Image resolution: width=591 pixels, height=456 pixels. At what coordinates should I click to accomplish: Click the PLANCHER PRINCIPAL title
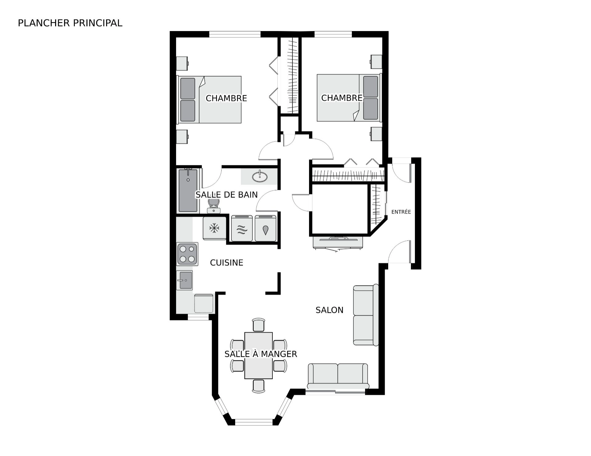coord(70,23)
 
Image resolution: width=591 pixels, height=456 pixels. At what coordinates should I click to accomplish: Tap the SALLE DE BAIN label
coord(227,195)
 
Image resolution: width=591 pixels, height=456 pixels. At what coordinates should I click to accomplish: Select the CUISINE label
coord(227,262)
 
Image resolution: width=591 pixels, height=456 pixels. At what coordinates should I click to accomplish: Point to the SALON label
coord(329,310)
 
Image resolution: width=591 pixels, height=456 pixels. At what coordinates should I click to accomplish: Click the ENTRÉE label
coord(401,212)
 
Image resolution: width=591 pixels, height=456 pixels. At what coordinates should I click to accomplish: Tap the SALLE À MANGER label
coord(261,354)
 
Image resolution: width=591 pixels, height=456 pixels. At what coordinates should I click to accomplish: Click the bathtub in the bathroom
coord(188,190)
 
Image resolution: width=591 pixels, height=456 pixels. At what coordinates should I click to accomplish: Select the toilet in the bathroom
coord(214,206)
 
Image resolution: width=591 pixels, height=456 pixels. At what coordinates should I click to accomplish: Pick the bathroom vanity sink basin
coord(260,177)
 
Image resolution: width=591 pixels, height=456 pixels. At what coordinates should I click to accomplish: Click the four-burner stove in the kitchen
coord(187,254)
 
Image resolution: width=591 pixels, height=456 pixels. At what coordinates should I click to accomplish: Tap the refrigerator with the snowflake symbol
coord(214,228)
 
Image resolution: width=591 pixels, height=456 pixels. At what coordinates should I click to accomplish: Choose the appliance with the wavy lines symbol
coord(242,228)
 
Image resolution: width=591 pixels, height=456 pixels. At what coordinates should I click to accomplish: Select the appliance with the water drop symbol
coord(265,228)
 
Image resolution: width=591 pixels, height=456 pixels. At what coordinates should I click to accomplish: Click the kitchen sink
coord(185,280)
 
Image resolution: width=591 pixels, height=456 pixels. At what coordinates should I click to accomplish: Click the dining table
coord(259,355)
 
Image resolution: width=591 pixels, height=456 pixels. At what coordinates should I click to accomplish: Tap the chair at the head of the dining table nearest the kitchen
coord(259,325)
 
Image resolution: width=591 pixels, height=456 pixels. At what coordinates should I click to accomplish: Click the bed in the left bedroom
coord(209,100)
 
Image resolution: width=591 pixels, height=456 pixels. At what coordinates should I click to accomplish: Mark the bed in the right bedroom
coord(349,98)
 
